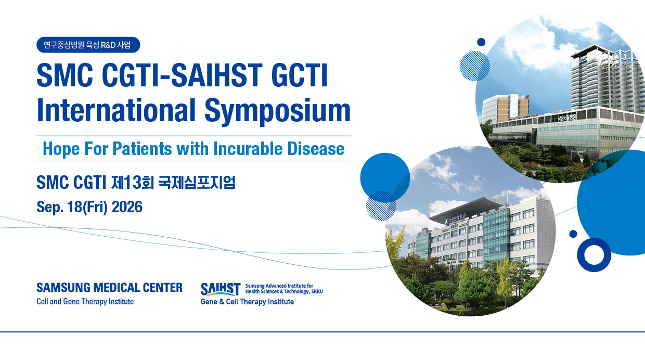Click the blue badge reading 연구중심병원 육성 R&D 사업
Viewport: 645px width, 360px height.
coord(88,45)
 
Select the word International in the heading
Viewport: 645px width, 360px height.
coord(117,110)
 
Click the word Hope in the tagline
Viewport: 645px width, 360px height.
coord(61,149)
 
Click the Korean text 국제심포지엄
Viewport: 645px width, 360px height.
coord(197,182)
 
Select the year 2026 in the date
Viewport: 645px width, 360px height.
coord(127,207)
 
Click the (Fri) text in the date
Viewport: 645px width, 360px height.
coord(95,207)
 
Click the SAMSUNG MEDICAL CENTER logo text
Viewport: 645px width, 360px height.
coord(109,287)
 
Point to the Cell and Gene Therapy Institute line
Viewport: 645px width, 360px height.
coord(85,302)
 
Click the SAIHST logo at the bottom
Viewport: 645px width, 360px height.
coord(221,289)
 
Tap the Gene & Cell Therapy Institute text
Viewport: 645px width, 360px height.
coord(248,302)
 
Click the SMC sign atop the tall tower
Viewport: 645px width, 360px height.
coord(583,60)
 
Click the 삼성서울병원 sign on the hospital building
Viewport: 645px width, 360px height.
coord(567,117)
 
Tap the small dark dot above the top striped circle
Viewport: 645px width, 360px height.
coord(481,42)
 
